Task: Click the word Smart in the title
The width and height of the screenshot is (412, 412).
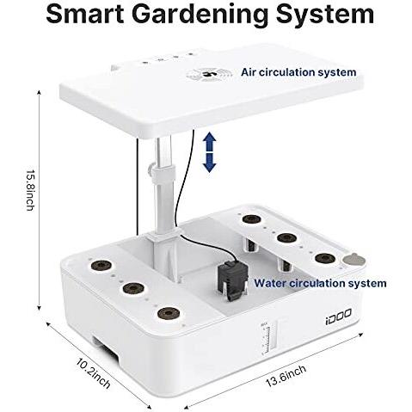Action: point(85,14)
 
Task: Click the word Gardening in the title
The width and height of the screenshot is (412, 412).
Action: point(200,15)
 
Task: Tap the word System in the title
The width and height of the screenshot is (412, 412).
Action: point(325,15)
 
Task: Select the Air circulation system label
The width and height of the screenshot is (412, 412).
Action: point(298,72)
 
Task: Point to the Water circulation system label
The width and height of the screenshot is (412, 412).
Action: point(320,283)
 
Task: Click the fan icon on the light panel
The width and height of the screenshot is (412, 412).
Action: point(208,74)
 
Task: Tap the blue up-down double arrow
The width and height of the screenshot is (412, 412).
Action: point(210,152)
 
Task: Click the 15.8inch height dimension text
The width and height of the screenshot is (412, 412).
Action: point(30,190)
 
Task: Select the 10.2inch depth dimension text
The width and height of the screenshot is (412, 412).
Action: point(93,373)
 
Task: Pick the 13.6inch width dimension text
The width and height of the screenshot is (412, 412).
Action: point(286,376)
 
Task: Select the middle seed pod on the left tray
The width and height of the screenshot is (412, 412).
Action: point(133,288)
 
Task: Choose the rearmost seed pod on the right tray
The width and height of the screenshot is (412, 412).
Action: point(251,219)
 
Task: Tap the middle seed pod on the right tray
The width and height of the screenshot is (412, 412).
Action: point(286,237)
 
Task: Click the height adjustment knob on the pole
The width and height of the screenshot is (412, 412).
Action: point(150,170)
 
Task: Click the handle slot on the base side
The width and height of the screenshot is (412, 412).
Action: point(105,348)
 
